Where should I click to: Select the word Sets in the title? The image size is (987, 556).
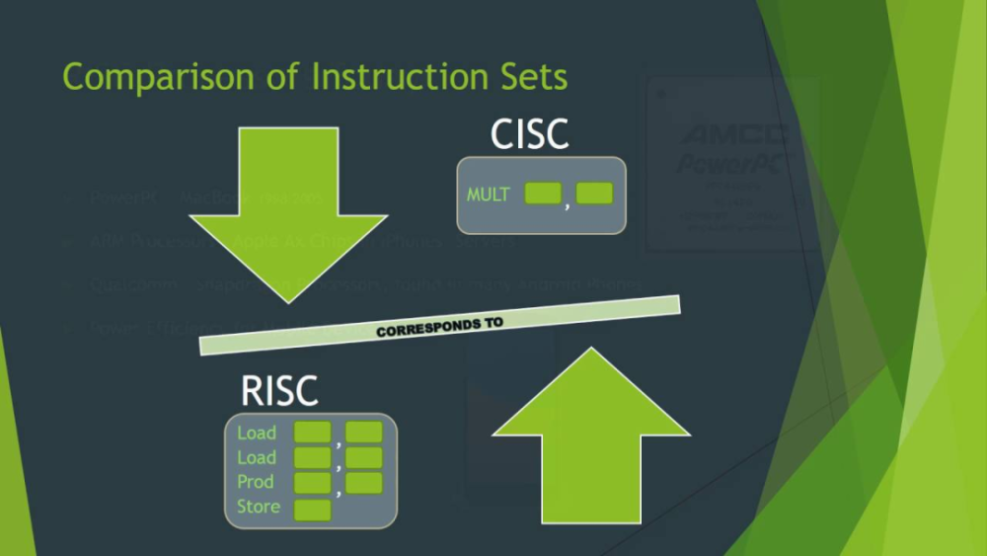click(533, 77)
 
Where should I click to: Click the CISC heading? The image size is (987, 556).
click(530, 135)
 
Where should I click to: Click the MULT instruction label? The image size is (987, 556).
click(489, 195)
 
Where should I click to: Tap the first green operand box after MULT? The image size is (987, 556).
click(543, 194)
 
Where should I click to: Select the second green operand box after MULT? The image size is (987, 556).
click(595, 194)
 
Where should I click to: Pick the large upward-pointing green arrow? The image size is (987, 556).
click(590, 435)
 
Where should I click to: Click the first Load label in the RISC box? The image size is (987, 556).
click(257, 433)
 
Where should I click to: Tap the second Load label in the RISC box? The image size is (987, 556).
click(257, 457)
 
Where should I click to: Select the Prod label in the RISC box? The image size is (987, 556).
click(256, 482)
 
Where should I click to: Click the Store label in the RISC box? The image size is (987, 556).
click(259, 507)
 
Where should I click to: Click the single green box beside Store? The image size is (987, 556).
click(313, 510)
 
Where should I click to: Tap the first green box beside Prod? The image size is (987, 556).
click(313, 483)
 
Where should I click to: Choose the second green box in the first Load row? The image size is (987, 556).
click(363, 432)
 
